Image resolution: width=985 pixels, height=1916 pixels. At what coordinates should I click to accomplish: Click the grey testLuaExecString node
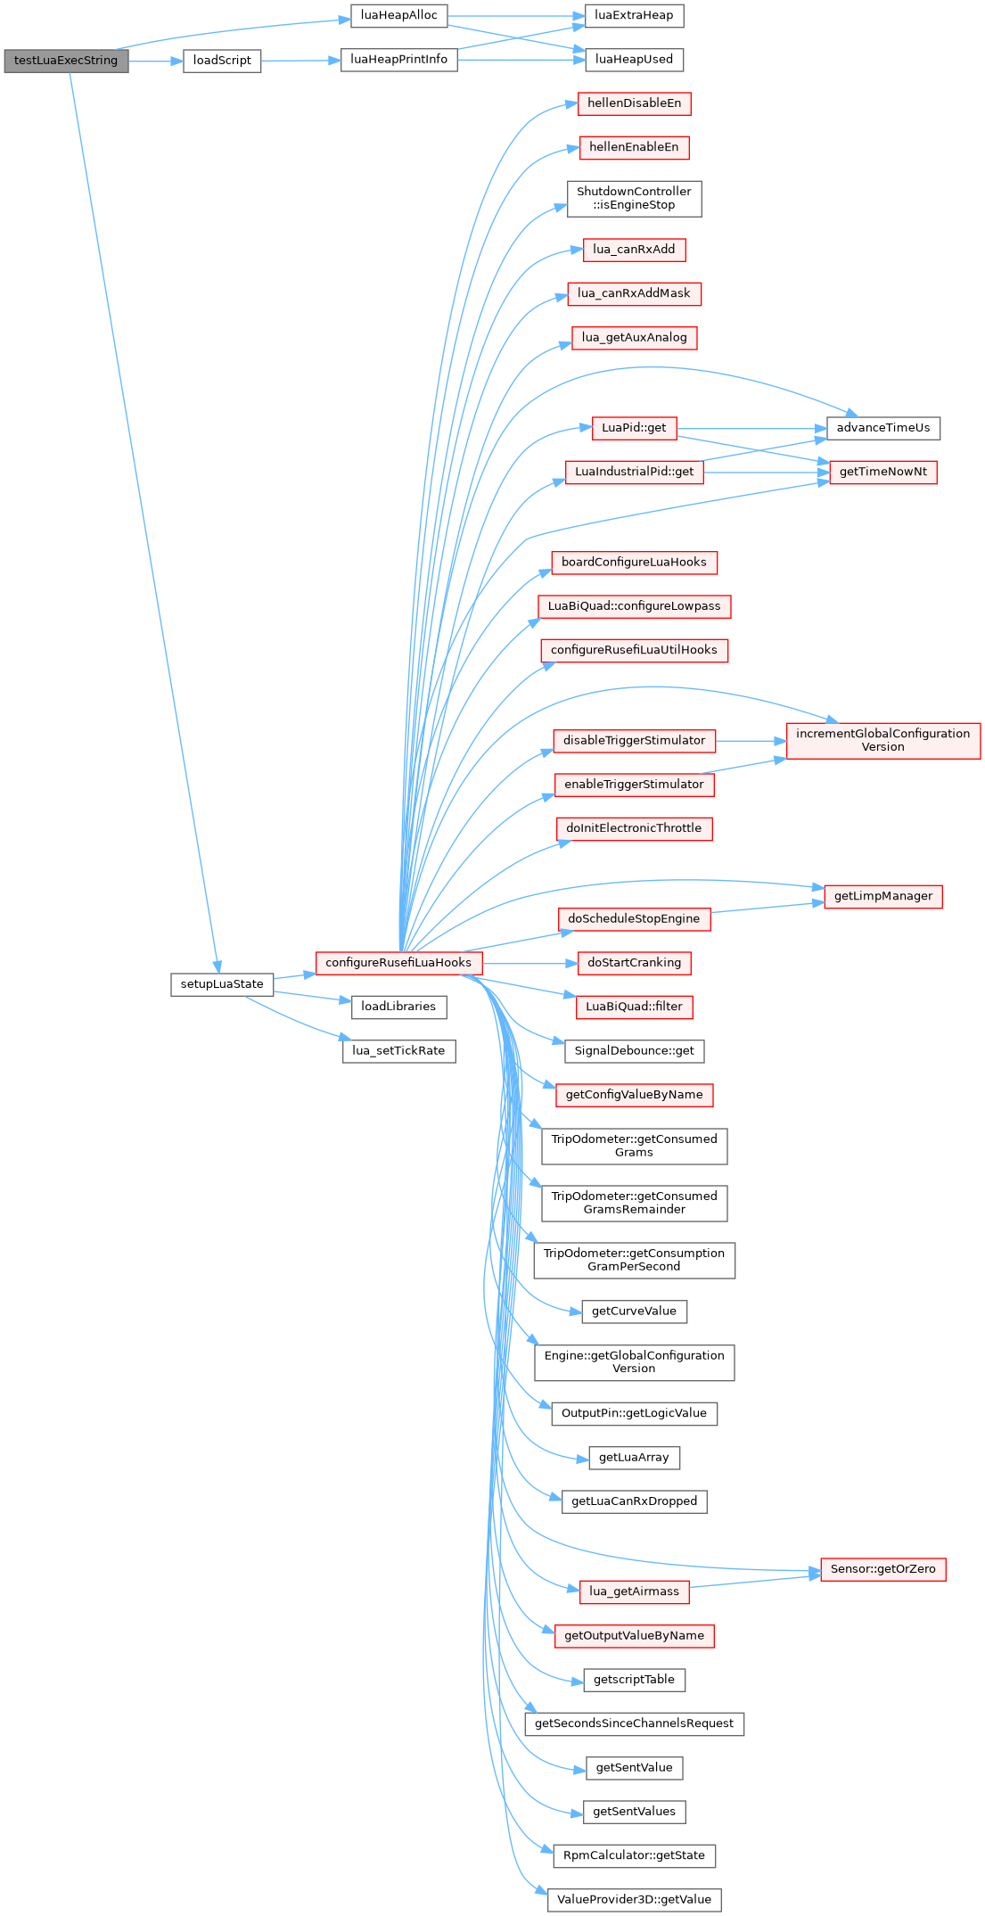coord(66,61)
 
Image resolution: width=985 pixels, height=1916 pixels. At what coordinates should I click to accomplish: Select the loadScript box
coord(222,61)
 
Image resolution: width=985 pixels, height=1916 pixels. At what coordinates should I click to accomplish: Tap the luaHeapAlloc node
coord(398,16)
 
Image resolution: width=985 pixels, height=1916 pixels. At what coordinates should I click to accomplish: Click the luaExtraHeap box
coord(634,16)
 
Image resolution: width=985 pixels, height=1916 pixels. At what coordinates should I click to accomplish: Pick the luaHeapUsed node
coord(634,60)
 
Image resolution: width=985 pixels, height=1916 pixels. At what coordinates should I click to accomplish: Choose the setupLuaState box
coord(222,984)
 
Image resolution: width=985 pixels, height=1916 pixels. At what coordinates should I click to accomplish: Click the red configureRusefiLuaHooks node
coord(398,963)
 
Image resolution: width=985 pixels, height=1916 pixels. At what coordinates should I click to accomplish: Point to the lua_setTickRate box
coord(398,1051)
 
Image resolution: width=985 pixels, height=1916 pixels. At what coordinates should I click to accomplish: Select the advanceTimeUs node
coord(883,428)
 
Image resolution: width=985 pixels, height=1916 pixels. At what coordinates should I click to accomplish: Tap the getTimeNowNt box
coord(883,472)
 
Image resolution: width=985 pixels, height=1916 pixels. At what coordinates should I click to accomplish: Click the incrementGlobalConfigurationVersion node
coord(883,741)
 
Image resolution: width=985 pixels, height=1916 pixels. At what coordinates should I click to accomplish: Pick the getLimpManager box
coord(883,897)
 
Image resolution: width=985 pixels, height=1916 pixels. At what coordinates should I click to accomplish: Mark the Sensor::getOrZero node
coord(883,1569)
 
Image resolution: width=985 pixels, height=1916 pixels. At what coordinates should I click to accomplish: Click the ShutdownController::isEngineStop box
coord(634,199)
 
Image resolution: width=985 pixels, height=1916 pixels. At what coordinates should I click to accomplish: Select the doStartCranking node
coord(634,963)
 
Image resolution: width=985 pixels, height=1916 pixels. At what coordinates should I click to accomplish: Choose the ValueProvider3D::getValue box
coord(634,1900)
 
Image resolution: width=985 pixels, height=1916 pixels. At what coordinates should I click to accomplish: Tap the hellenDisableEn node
coord(634,103)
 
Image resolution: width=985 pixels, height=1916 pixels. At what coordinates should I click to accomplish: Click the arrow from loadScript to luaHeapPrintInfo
coord(301,61)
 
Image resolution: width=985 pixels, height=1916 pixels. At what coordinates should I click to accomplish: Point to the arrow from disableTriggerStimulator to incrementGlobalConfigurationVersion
coord(751,741)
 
